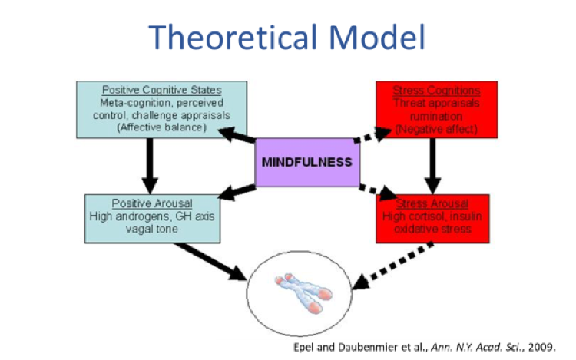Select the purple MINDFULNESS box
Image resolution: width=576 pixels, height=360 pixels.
pos(306,162)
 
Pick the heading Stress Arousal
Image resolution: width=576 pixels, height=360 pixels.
pos(434,204)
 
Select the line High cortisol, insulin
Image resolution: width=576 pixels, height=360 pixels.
pos(434,216)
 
